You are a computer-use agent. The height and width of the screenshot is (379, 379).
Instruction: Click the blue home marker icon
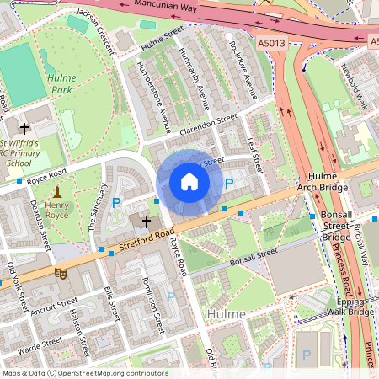point(189,182)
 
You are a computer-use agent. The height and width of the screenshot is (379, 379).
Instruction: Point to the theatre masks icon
point(60,273)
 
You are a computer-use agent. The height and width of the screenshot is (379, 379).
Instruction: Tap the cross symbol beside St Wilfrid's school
point(25,129)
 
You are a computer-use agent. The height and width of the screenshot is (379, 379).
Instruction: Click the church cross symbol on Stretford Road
point(147,222)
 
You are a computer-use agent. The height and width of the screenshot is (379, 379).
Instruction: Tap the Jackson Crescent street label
point(93,23)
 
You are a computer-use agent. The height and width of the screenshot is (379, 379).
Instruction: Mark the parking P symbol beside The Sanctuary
point(117,202)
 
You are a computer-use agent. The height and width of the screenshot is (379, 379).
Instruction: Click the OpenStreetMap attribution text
point(85,373)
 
